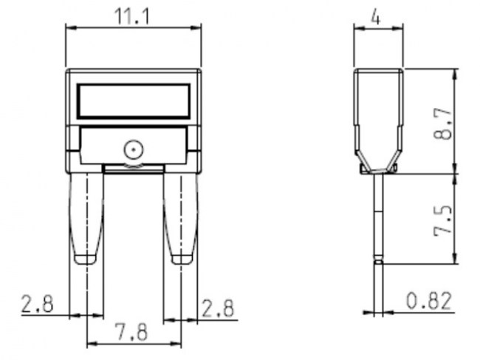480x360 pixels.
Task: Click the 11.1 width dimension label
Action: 134,15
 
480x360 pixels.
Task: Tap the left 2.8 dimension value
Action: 37,304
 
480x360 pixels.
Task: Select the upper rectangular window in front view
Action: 134,100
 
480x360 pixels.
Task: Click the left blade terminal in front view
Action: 86,214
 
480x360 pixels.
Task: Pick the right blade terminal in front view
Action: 180,214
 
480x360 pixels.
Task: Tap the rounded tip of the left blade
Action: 86,259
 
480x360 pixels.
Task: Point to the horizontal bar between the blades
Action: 133,169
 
